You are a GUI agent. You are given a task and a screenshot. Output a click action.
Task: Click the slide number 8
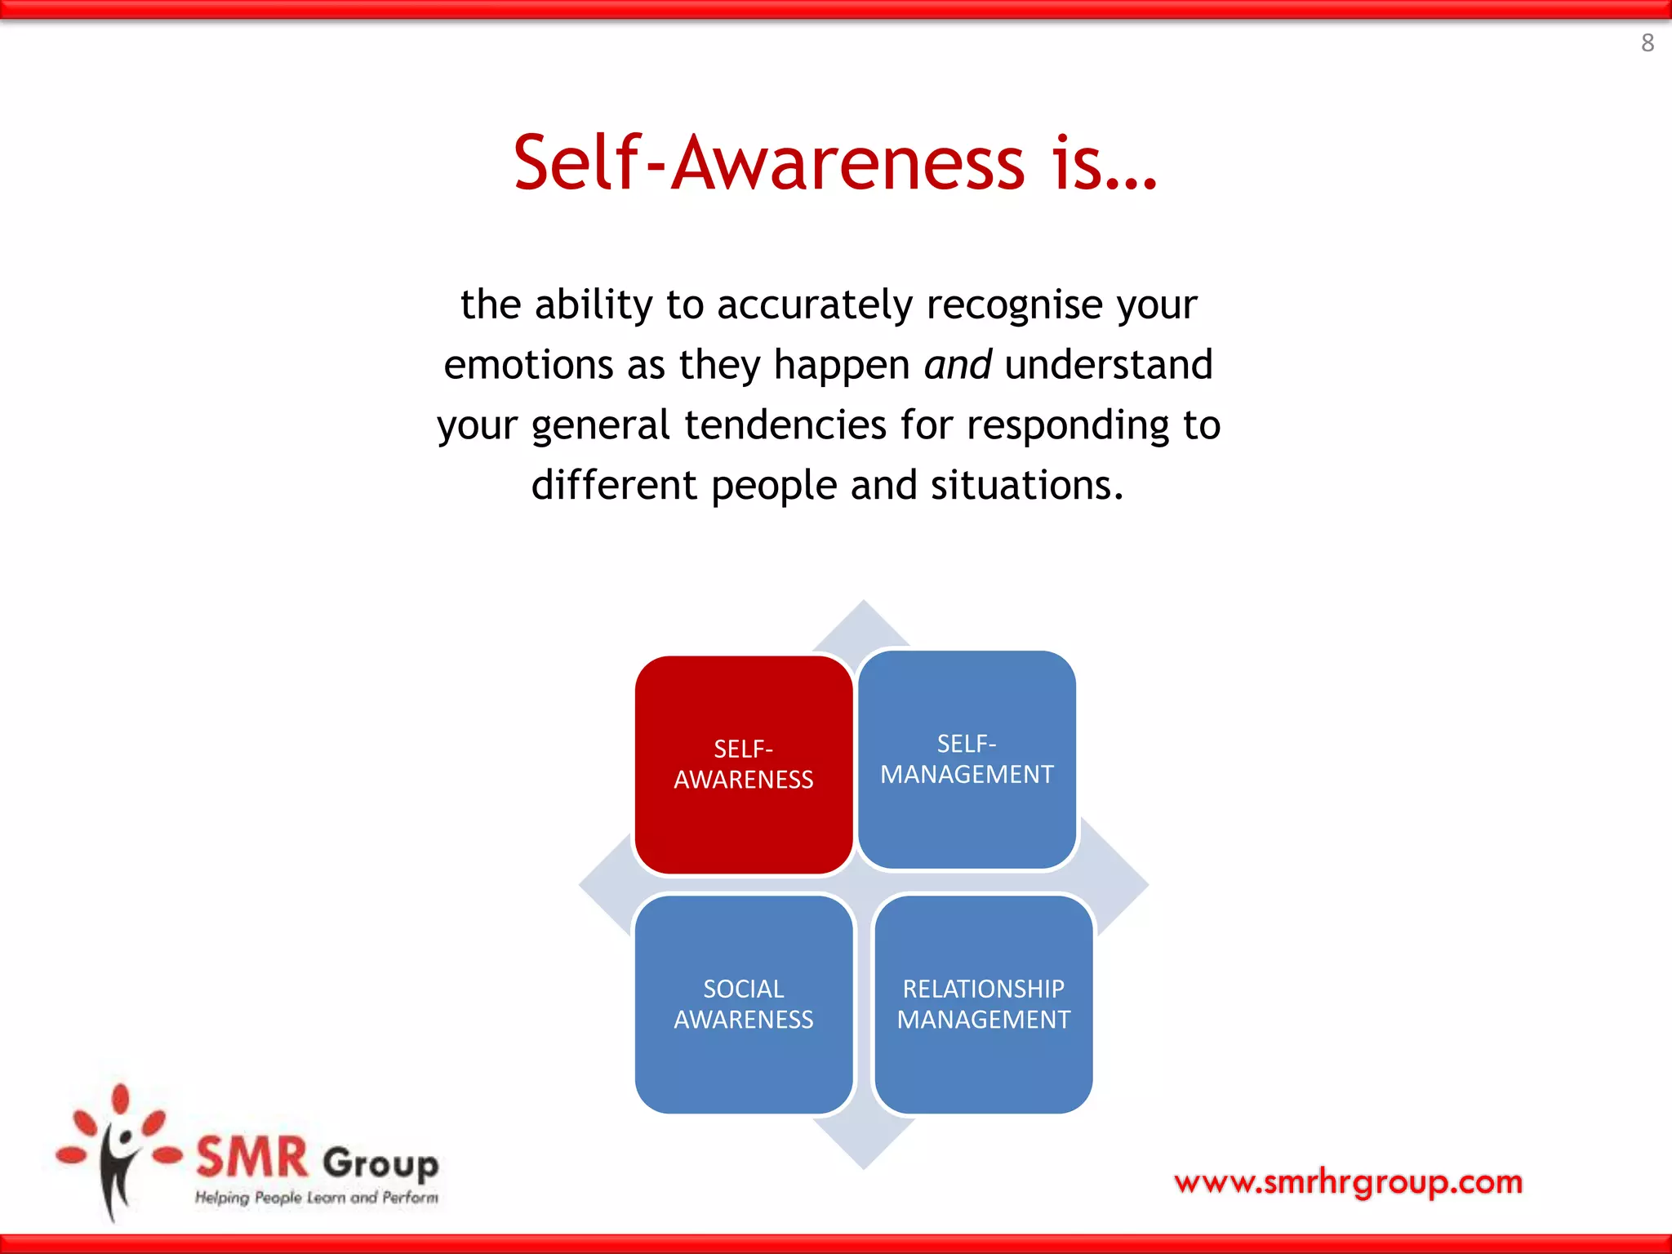coord(1647,42)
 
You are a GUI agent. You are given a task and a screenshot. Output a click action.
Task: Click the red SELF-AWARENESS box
coord(743,764)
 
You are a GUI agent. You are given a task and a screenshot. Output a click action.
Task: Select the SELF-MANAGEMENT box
coord(967,759)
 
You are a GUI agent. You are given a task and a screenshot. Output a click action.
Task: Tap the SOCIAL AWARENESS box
coord(743,1004)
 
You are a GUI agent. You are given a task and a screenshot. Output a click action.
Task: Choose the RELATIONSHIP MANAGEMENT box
coord(983,1004)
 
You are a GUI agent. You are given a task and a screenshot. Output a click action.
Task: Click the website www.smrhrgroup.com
coord(1348,1182)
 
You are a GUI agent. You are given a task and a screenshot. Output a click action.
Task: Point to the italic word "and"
coord(958,364)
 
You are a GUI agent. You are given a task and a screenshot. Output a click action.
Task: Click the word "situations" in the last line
coord(1026,486)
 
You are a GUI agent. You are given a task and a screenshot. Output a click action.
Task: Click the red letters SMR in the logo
coord(252,1157)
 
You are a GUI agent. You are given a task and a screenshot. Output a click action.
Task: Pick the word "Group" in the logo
coord(380,1163)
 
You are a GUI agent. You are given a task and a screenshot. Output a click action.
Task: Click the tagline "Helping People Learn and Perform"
coord(316,1198)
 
